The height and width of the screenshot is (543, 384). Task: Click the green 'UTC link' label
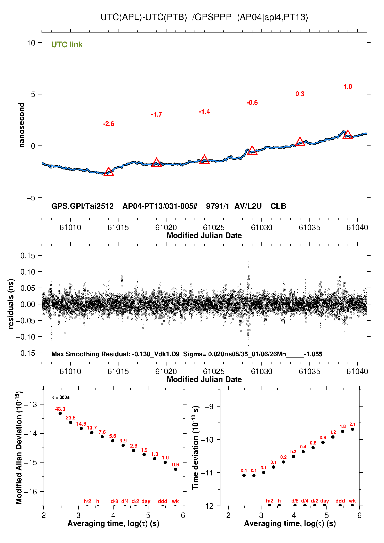(67, 45)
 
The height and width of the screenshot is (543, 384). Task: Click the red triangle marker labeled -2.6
(109, 172)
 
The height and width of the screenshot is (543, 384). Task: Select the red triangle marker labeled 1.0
(348, 135)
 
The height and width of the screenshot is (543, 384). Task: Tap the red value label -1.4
(204, 112)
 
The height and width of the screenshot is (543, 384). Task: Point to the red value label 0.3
(300, 94)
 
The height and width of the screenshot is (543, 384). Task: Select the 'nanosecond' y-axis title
(22, 125)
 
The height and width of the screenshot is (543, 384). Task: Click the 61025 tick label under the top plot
(214, 228)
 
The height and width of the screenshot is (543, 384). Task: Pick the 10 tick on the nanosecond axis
(31, 43)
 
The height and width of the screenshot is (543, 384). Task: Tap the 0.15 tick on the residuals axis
(28, 256)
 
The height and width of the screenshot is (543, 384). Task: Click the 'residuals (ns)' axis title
(11, 304)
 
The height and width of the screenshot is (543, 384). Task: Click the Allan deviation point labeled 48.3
(60, 414)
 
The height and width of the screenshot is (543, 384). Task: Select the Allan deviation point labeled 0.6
(175, 469)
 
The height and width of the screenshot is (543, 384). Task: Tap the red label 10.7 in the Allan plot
(92, 428)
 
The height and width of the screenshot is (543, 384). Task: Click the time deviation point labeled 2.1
(353, 429)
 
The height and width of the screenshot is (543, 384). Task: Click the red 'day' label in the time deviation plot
(324, 501)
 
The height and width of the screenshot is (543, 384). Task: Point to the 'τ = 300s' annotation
(61, 397)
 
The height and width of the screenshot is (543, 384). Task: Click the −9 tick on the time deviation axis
(209, 407)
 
